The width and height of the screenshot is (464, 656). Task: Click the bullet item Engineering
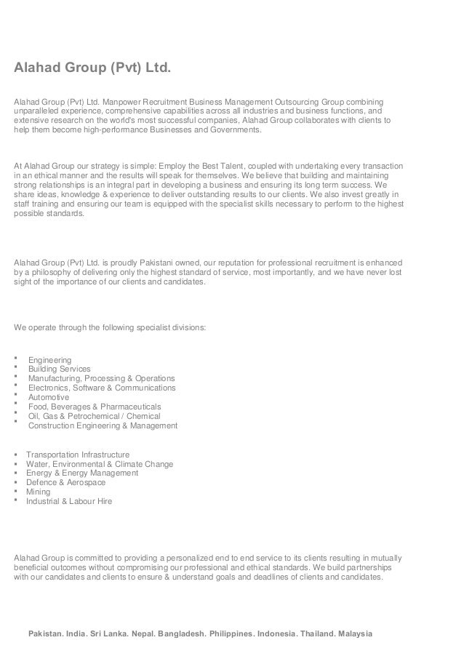click(x=49, y=360)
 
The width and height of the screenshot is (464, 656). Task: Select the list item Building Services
click(x=59, y=369)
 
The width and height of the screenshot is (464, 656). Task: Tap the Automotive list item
click(x=49, y=398)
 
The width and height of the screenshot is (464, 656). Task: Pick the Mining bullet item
click(x=39, y=492)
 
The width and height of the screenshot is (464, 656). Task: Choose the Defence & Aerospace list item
click(x=65, y=482)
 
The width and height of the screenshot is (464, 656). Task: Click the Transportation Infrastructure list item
click(x=78, y=455)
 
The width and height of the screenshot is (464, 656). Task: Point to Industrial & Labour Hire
click(x=69, y=501)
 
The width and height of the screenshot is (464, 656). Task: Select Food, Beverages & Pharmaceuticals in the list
click(x=95, y=407)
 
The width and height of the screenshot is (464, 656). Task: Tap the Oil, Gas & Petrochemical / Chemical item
click(x=94, y=416)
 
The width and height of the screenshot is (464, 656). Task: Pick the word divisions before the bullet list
click(x=189, y=327)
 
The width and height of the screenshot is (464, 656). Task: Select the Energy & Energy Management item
click(x=82, y=473)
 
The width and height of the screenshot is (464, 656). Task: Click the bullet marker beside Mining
click(x=16, y=491)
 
